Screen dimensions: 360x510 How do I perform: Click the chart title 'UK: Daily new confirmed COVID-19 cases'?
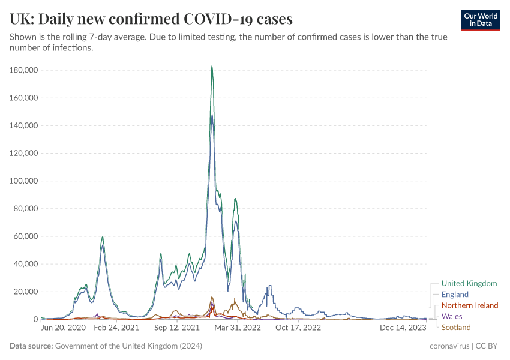151,19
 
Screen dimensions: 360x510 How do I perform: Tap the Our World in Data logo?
480,20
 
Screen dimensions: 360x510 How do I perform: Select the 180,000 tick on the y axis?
24,70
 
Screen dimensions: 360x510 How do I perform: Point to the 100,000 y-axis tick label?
24,181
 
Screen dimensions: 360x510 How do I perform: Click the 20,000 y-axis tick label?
26,292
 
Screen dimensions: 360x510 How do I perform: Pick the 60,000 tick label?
26,236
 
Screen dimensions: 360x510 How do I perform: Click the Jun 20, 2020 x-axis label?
63,328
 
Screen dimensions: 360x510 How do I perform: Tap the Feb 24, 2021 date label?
117,328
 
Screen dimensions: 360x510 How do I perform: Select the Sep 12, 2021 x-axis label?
177,328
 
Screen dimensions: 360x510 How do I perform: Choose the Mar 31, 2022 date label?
238,328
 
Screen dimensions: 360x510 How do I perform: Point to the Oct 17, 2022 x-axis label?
298,328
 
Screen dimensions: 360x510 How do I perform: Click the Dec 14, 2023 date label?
403,328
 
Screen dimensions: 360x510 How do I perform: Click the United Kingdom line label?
469,283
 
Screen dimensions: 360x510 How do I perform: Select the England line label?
455,295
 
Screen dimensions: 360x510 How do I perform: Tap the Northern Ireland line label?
470,305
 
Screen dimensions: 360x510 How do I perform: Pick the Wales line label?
452,316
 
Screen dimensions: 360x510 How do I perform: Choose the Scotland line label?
456,327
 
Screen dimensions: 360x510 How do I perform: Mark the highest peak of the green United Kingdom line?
212,67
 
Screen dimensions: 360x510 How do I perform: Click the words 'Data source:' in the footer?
31,346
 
